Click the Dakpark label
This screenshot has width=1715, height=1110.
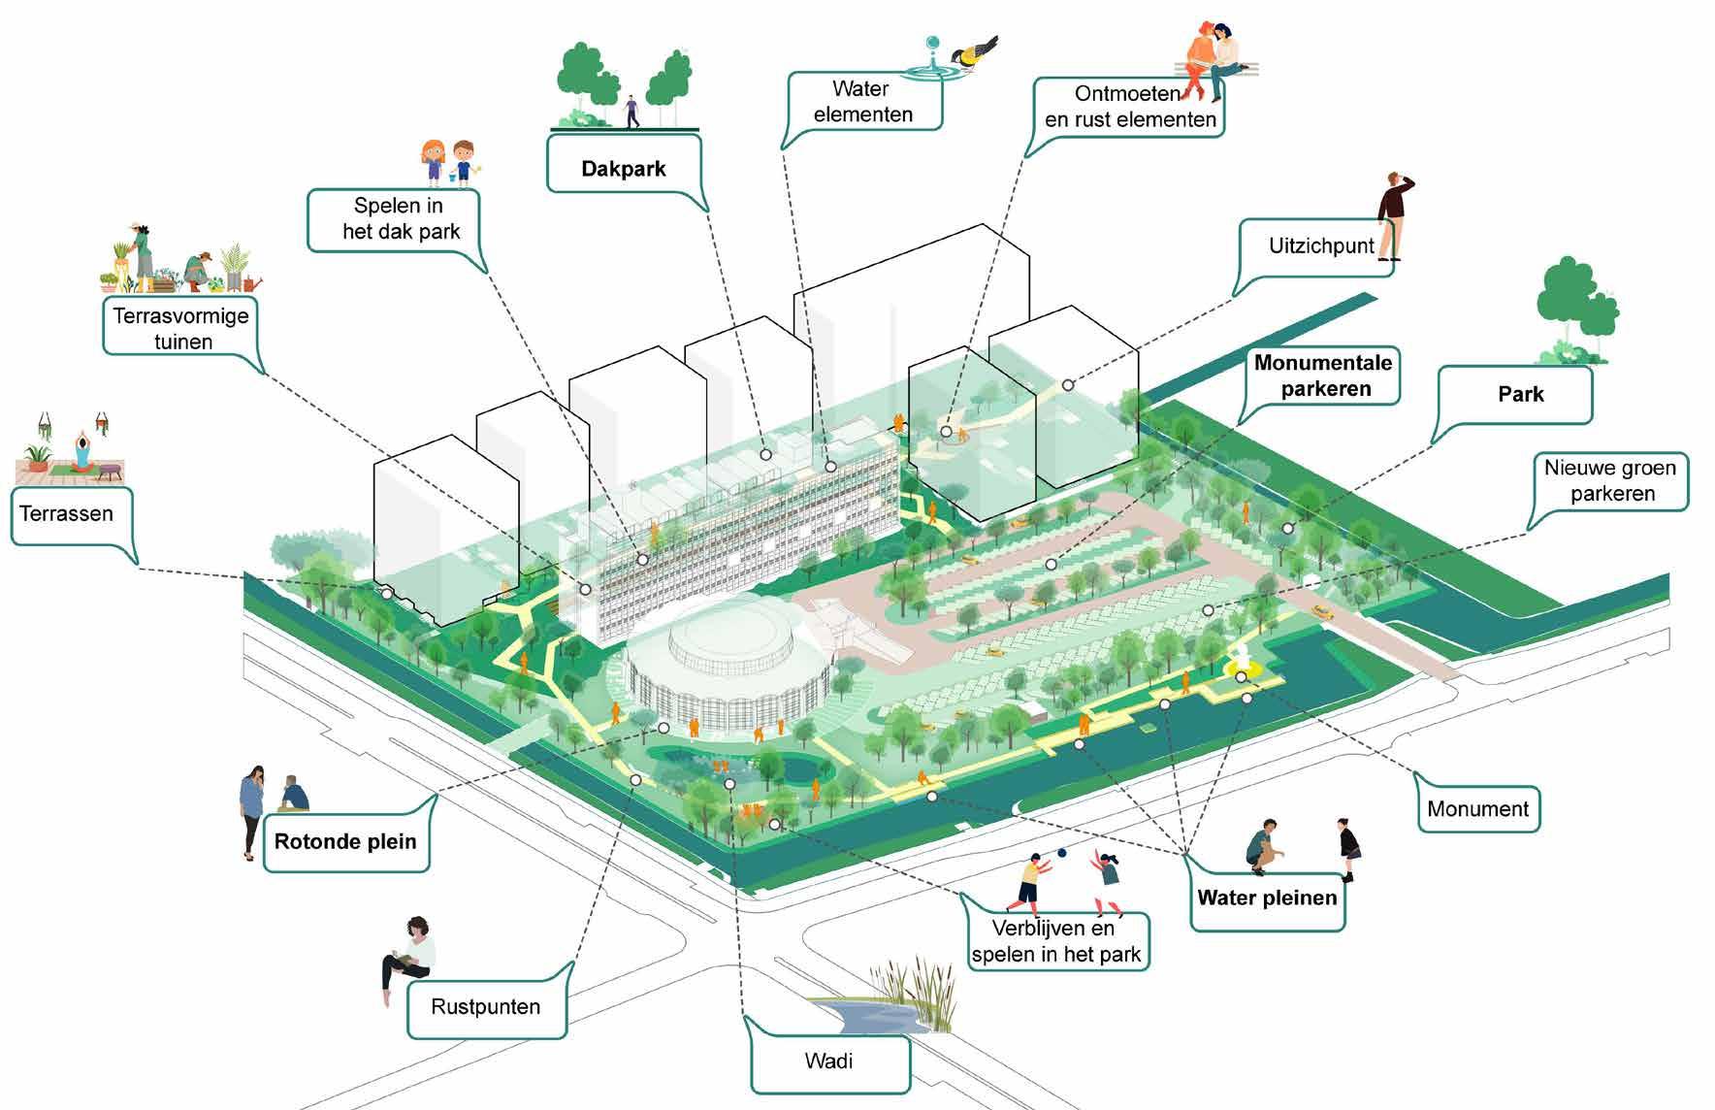[x=624, y=168]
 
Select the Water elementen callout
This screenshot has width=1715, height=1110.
[x=862, y=102]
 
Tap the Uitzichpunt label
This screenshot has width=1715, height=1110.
[x=1320, y=246]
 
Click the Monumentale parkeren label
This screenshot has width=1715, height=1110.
[x=1323, y=375]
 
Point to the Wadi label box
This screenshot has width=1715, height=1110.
[x=829, y=1061]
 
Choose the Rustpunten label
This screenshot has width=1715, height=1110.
[x=485, y=1006]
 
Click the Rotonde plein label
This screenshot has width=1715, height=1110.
[x=345, y=841]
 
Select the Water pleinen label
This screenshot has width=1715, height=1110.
[x=1267, y=898]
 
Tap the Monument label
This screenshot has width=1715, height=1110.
[x=1477, y=808]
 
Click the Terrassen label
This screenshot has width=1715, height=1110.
[x=66, y=513]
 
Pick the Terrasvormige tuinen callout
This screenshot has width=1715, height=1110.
[x=181, y=328]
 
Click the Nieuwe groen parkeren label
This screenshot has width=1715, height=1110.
[x=1609, y=480]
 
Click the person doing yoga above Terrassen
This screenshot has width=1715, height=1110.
[x=82, y=450]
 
